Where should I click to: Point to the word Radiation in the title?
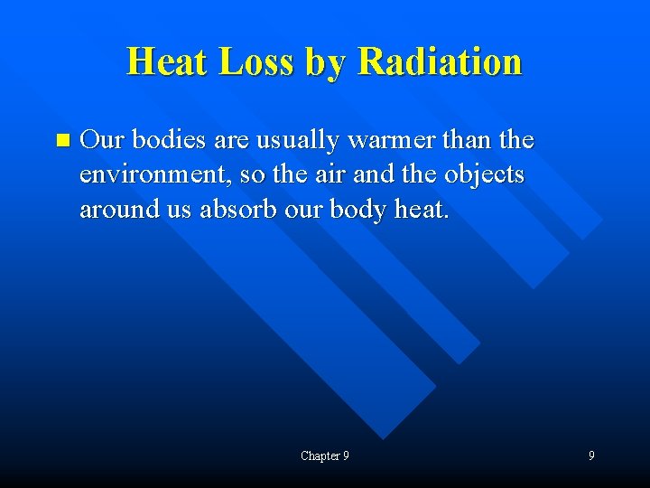pyautogui.click(x=440, y=61)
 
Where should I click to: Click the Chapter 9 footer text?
pyautogui.click(x=325, y=455)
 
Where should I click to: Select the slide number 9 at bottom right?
pyautogui.click(x=591, y=455)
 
